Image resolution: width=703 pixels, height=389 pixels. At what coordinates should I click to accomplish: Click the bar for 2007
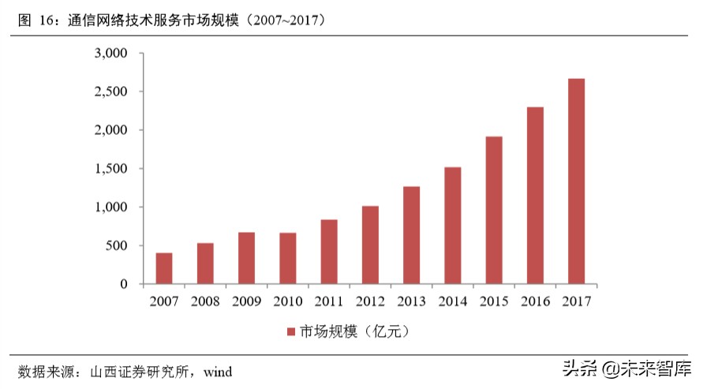164,268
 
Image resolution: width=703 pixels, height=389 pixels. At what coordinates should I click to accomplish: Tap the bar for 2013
411,235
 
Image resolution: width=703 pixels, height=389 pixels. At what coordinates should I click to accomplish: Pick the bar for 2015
494,210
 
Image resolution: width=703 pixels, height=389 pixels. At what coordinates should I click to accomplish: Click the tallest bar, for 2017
576,181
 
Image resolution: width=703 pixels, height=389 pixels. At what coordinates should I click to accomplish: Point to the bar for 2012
370,245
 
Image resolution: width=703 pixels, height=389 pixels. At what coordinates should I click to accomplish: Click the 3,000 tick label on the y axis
110,54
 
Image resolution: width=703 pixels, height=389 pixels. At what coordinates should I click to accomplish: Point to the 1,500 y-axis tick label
110,169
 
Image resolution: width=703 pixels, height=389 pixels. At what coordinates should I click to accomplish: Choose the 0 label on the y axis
123,284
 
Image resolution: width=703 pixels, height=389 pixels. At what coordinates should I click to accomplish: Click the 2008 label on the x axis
205,301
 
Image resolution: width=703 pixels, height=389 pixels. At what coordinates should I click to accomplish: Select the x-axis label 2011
328,301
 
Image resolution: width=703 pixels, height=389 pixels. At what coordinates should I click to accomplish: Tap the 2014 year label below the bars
452,301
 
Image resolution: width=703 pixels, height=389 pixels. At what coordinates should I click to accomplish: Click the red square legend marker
291,331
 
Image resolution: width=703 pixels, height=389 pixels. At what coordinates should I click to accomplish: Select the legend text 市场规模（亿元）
352,331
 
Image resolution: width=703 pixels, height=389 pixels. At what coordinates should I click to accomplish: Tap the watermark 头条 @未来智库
626,368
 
